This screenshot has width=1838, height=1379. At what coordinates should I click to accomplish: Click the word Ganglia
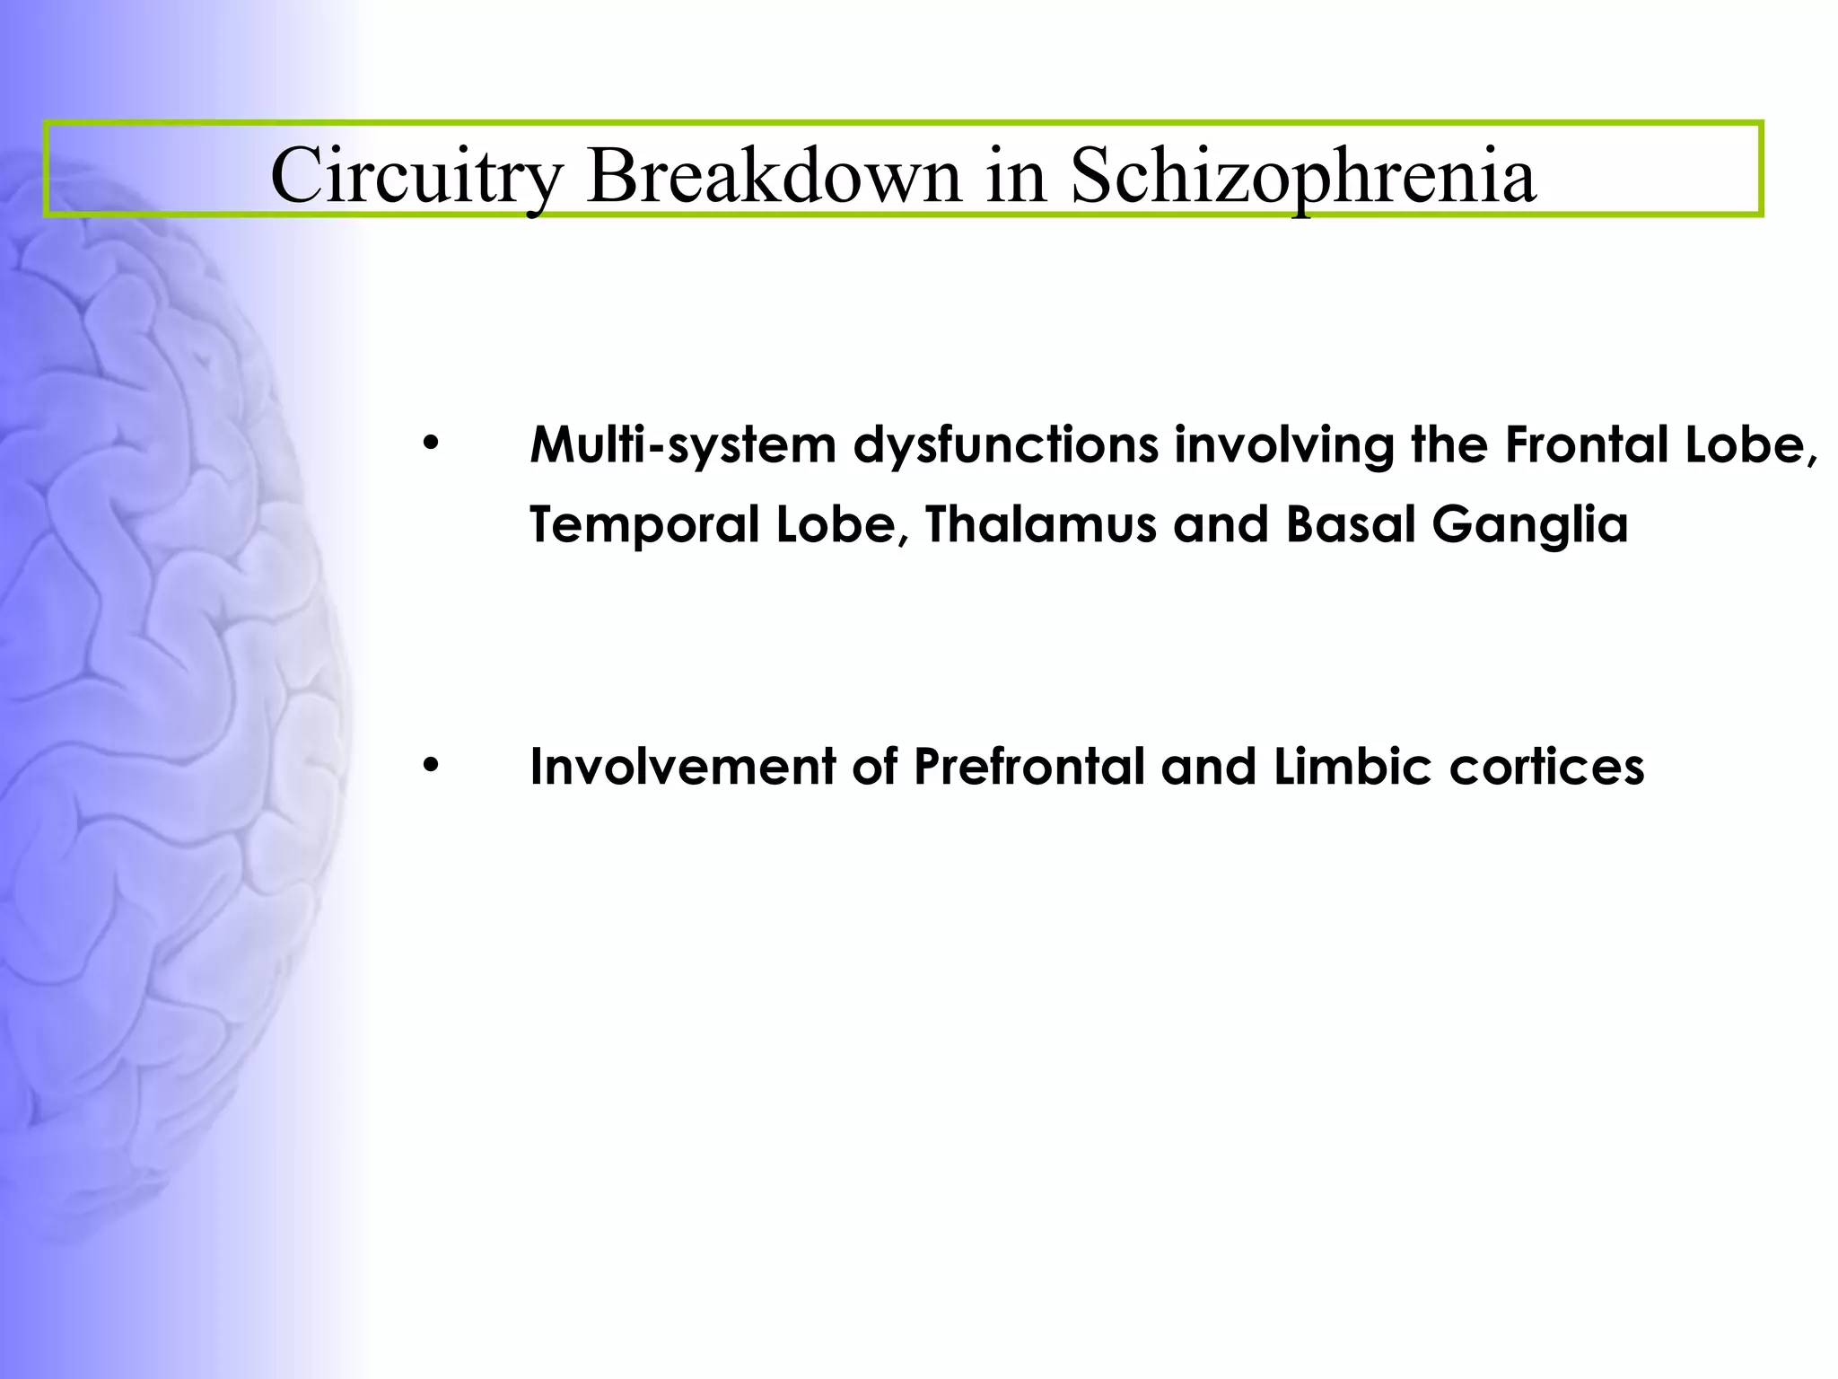[1529, 526]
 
